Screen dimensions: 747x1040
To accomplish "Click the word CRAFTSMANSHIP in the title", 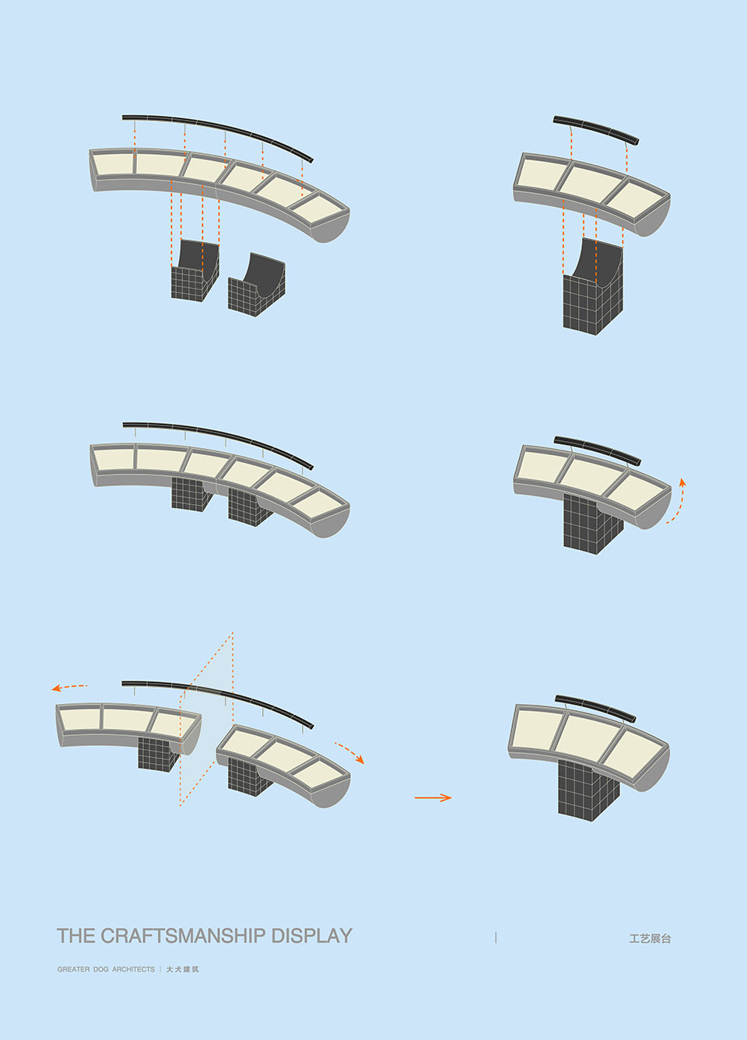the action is pos(184,936).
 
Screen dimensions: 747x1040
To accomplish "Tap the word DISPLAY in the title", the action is pos(312,936).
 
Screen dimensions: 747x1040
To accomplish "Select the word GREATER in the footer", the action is pos(73,969).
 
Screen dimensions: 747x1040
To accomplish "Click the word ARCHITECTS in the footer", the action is pos(133,969).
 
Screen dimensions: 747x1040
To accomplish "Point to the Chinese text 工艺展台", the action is pos(650,938).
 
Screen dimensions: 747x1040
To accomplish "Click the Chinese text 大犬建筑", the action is pos(183,969).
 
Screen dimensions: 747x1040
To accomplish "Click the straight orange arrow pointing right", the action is pos(433,797).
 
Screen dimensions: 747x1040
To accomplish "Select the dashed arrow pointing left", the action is pos(68,687).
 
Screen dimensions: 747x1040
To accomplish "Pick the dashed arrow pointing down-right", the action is pos(350,751).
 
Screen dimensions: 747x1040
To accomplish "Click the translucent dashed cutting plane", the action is pos(206,719).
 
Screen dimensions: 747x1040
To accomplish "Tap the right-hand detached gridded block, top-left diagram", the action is pos(257,285).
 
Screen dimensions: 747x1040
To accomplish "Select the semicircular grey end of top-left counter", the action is pos(331,226).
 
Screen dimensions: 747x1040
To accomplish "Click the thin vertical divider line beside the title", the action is pos(496,937).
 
